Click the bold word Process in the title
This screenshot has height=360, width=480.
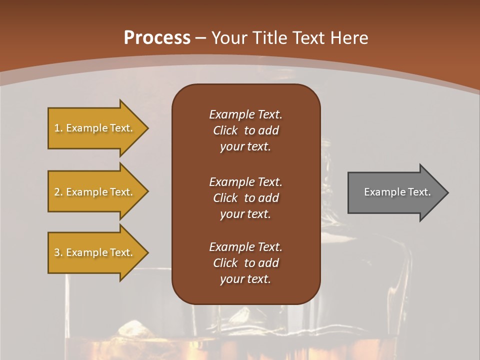(x=157, y=38)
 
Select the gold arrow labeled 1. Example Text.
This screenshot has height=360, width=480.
(x=95, y=128)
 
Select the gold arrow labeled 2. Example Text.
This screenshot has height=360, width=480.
(x=95, y=192)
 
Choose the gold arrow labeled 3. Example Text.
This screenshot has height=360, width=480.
(x=95, y=252)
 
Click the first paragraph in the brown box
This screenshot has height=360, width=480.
(x=245, y=130)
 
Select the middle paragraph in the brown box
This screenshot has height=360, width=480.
(x=245, y=198)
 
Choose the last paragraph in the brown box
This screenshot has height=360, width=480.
(x=245, y=263)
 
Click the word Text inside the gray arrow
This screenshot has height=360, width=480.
(x=419, y=192)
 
